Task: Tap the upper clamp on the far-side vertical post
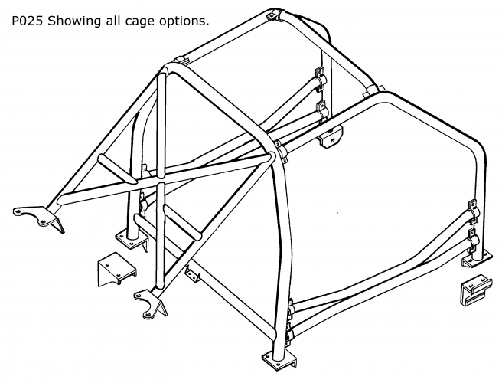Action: tap(318, 80)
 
